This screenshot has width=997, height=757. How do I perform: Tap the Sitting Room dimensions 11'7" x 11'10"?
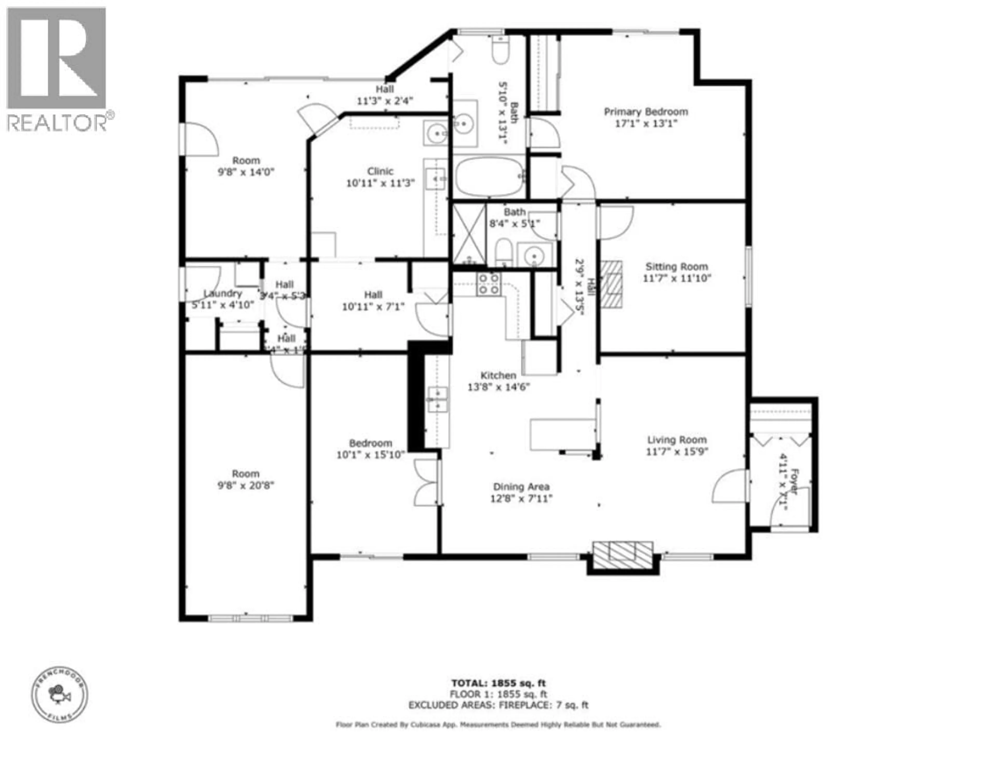[x=677, y=278]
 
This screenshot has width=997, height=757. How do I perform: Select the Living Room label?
[x=677, y=440]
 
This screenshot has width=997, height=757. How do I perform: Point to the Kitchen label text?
[x=498, y=375]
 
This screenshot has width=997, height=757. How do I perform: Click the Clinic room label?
[x=380, y=171]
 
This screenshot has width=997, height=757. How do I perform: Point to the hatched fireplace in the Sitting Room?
[x=612, y=285]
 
